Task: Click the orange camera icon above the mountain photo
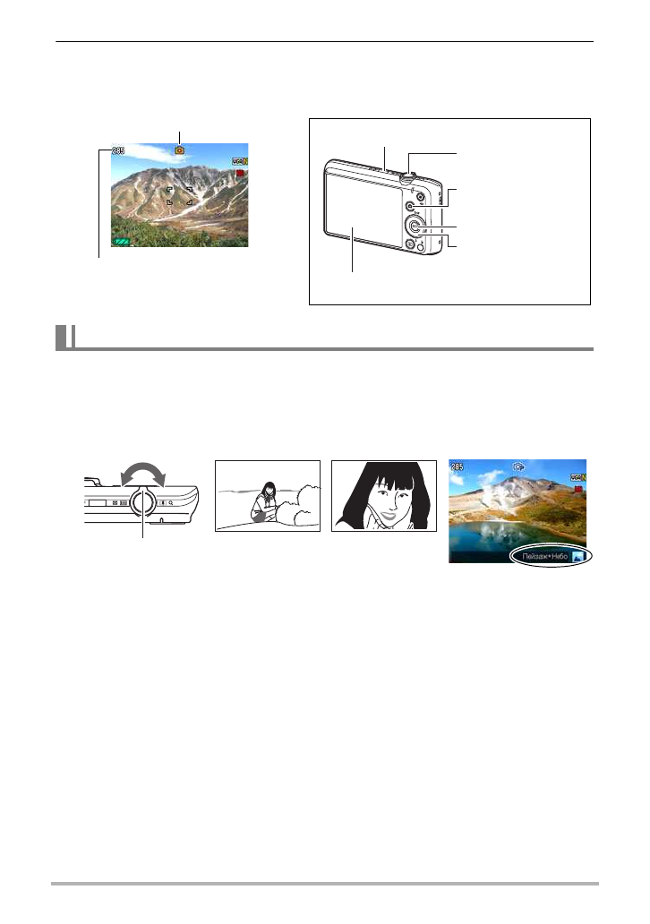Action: [180, 151]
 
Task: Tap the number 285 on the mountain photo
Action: [118, 151]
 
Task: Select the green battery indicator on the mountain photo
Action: [123, 242]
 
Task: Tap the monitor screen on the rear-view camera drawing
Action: [358, 216]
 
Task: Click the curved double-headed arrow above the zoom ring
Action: [143, 475]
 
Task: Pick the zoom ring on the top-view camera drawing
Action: [143, 503]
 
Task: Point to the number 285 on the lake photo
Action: [458, 467]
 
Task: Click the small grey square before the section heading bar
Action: [62, 338]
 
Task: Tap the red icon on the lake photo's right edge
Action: [579, 491]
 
